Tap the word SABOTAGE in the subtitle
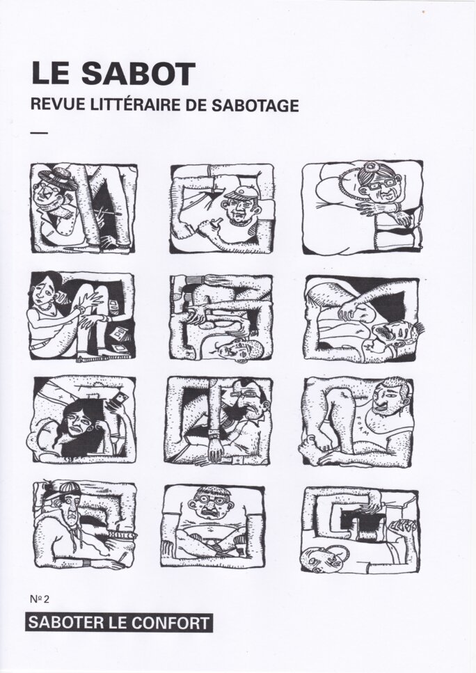pos(255,104)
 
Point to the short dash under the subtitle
pos(40,133)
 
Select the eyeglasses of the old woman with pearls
pos(383,185)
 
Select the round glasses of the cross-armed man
pos(211,500)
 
